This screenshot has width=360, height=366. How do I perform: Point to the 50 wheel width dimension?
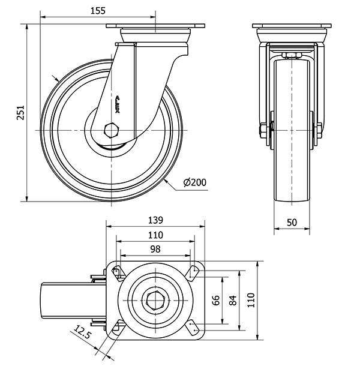tap(292, 222)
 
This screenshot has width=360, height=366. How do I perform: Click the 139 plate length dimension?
tap(155, 220)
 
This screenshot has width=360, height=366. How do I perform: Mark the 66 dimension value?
tap(217, 299)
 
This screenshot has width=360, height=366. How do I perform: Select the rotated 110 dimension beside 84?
tap(251, 298)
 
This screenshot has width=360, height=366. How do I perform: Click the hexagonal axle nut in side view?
tap(112, 130)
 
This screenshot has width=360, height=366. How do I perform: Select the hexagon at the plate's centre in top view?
tap(155, 299)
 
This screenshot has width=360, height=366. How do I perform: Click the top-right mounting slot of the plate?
tap(193, 273)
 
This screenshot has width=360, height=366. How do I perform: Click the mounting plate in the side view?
tap(155, 27)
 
